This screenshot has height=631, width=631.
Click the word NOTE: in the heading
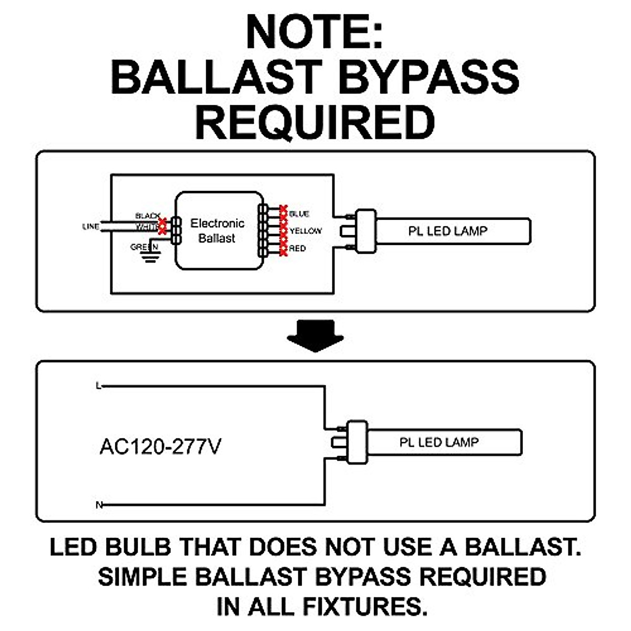pos(314,33)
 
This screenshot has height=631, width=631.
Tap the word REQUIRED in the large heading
pos(314,122)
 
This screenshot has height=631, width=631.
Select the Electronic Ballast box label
pos(217,231)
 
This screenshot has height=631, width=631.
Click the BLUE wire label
pos(299,214)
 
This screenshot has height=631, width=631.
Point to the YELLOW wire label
pos(306,231)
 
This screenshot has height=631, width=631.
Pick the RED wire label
pos(297,248)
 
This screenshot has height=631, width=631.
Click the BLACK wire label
pos(148,216)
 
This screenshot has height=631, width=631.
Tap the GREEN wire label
pos(144,247)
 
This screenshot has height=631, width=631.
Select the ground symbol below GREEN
pos(150,257)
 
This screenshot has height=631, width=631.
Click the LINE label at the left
pos(90,227)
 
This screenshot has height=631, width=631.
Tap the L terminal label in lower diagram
pos(98,386)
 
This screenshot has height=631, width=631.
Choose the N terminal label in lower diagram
pos(98,505)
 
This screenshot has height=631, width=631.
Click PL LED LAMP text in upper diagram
pos(448,231)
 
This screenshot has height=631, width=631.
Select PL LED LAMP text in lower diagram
pos(439,442)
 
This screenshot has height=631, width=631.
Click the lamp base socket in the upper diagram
pos(366,231)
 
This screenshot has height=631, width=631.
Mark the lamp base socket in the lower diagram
pos(357,442)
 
